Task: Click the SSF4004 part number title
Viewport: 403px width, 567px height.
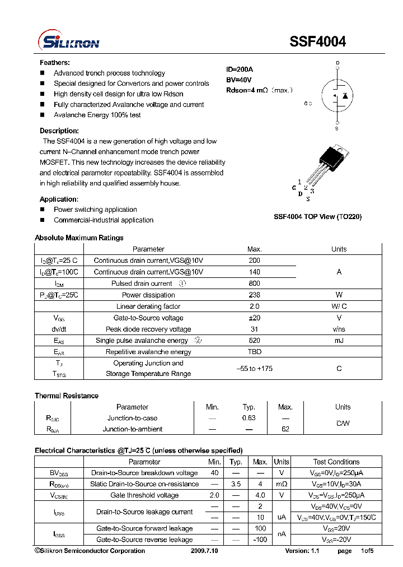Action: [x=318, y=41]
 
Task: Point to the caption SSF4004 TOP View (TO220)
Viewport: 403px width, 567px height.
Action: [x=317, y=217]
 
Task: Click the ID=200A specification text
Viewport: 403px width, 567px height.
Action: [x=240, y=69]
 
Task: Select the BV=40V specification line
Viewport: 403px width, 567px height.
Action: [x=239, y=80]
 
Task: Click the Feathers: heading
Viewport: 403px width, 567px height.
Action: [x=55, y=63]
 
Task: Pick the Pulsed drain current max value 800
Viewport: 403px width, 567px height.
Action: [x=254, y=283]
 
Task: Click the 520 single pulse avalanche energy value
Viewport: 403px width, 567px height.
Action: [x=254, y=341]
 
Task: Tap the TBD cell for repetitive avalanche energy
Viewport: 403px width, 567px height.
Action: [x=254, y=352]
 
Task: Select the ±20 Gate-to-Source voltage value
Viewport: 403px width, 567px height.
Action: [x=254, y=318]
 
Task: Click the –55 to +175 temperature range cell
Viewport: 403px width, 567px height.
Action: [x=254, y=369]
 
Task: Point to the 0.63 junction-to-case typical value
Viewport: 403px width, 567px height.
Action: [x=249, y=418]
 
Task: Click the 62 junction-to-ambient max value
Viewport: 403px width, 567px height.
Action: [x=285, y=429]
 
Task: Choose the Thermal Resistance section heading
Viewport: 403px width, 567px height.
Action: [x=67, y=396]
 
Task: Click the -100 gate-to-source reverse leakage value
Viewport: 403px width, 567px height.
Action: [x=260, y=540]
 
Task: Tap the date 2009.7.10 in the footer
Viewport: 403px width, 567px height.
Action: [x=204, y=551]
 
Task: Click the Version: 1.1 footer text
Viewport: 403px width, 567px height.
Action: [x=302, y=551]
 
